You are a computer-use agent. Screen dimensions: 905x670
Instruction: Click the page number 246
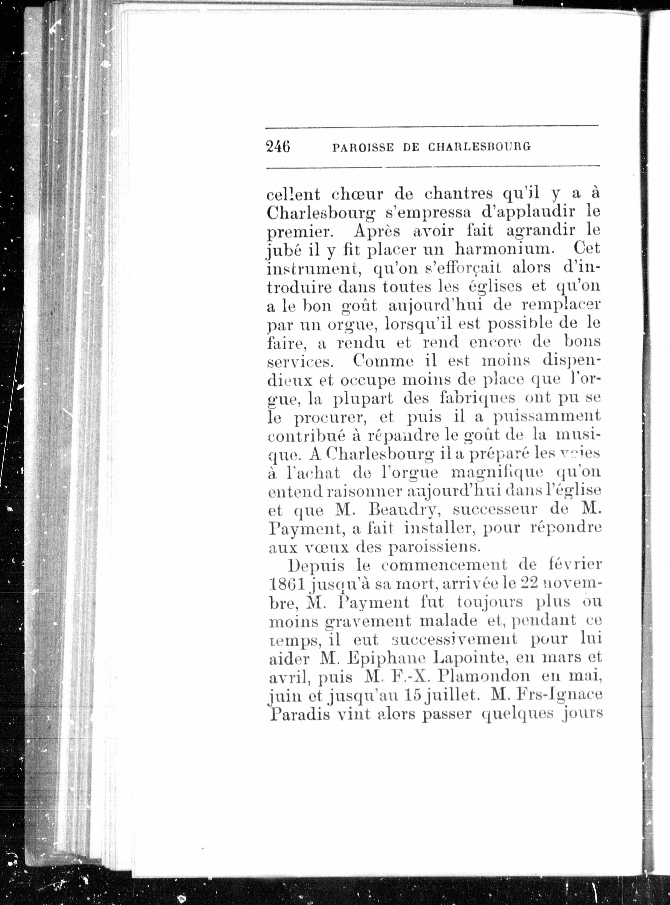point(278,146)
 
